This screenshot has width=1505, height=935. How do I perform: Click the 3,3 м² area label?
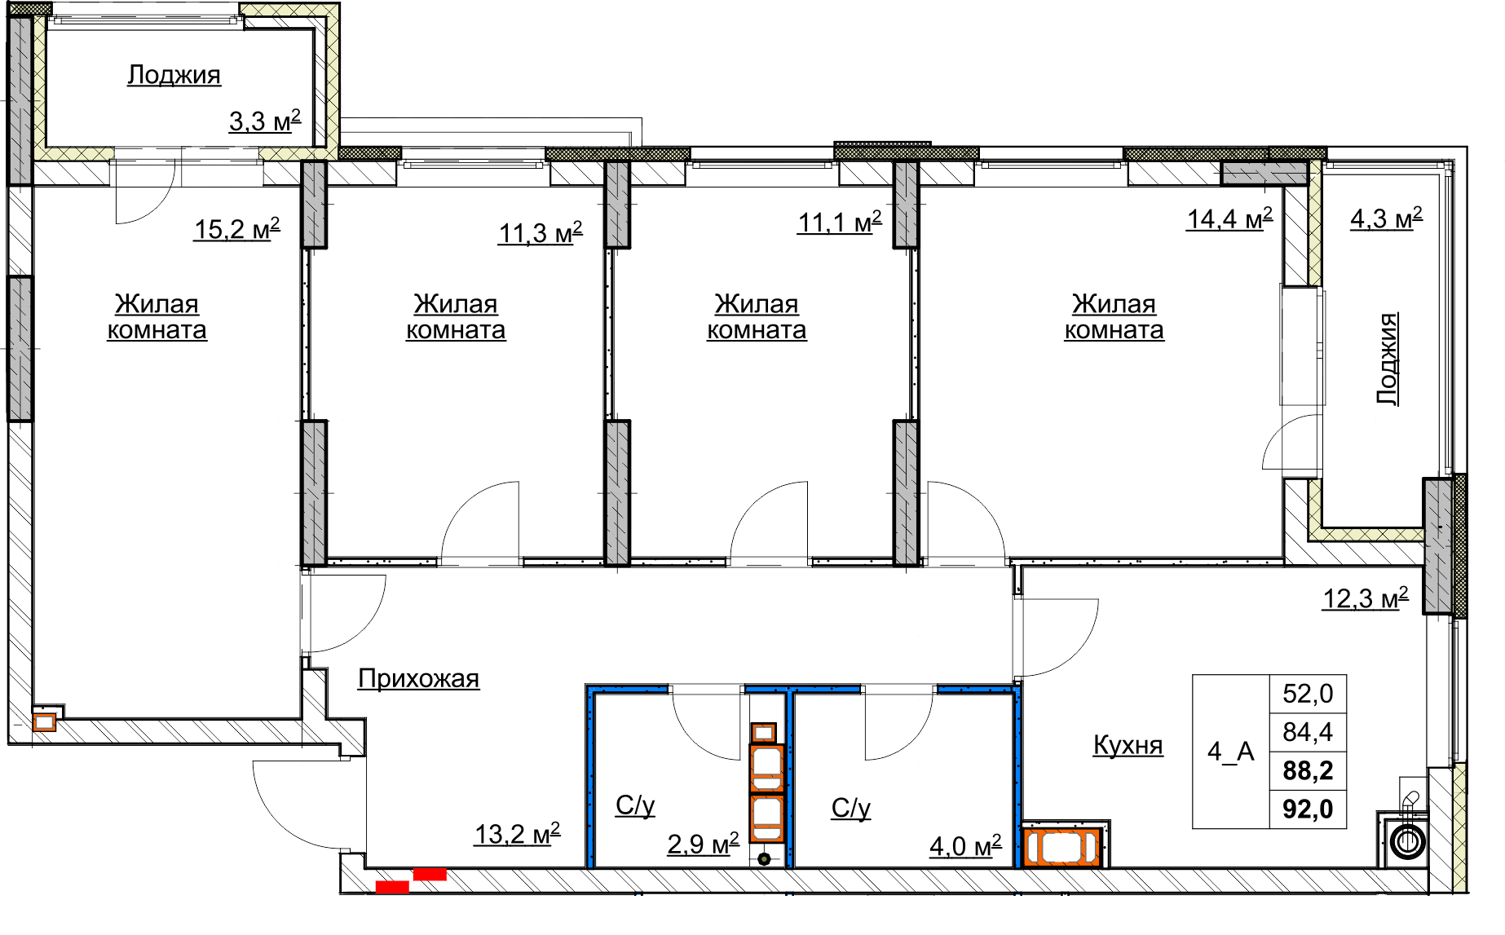pos(265,121)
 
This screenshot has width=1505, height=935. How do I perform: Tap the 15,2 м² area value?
pos(237,229)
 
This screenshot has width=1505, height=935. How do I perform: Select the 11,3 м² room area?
pos(541,233)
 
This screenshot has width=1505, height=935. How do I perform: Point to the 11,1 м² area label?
pos(840,222)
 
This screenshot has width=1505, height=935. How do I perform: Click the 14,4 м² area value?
pos(1229,218)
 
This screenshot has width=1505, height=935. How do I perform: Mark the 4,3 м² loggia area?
pos(1387,218)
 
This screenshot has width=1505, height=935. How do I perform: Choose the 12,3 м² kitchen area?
pos(1366,598)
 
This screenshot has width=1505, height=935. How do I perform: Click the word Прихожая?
pos(419,678)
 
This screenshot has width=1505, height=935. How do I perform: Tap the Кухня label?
pos(1128,745)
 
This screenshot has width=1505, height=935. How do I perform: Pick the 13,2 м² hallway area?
pos(518,834)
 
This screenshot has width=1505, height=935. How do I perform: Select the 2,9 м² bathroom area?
pos(703,844)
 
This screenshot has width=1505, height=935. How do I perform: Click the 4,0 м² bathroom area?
pos(965,846)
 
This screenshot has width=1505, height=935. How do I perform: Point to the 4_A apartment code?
pos(1231,751)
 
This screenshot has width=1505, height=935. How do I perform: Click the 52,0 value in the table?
pos(1308,694)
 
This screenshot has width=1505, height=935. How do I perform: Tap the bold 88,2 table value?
pos(1308,770)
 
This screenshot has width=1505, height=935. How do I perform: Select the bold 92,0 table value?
pos(1308,809)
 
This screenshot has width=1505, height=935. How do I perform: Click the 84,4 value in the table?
pos(1308,732)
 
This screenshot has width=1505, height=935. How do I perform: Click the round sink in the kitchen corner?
pos(1408,840)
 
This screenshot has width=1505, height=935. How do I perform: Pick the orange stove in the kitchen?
pos(1062,845)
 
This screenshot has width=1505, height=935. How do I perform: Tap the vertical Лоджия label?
pos(1388,359)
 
